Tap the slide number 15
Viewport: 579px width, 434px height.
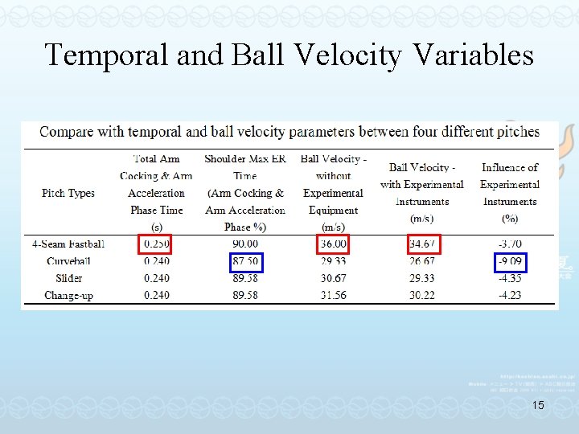(x=538, y=406)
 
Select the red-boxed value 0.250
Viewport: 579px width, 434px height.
(x=156, y=244)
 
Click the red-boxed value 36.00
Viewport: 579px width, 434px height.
(x=333, y=244)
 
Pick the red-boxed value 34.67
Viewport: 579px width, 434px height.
(x=421, y=244)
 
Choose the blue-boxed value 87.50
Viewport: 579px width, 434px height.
(x=244, y=261)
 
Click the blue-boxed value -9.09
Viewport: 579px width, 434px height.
(x=509, y=261)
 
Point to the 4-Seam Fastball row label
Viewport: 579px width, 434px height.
(x=68, y=244)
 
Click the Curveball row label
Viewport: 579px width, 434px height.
(x=70, y=261)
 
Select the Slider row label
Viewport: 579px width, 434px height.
(x=68, y=278)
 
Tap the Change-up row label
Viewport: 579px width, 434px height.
(x=68, y=295)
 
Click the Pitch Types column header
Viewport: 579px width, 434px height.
(x=68, y=193)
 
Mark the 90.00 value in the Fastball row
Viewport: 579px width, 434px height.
(x=244, y=244)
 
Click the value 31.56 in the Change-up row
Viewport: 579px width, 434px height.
(x=333, y=295)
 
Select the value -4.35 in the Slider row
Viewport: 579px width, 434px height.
(x=509, y=278)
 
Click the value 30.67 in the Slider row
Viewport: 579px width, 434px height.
(x=333, y=278)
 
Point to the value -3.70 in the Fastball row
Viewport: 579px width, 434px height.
(x=509, y=244)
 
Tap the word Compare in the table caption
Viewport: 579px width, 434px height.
(x=68, y=131)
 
